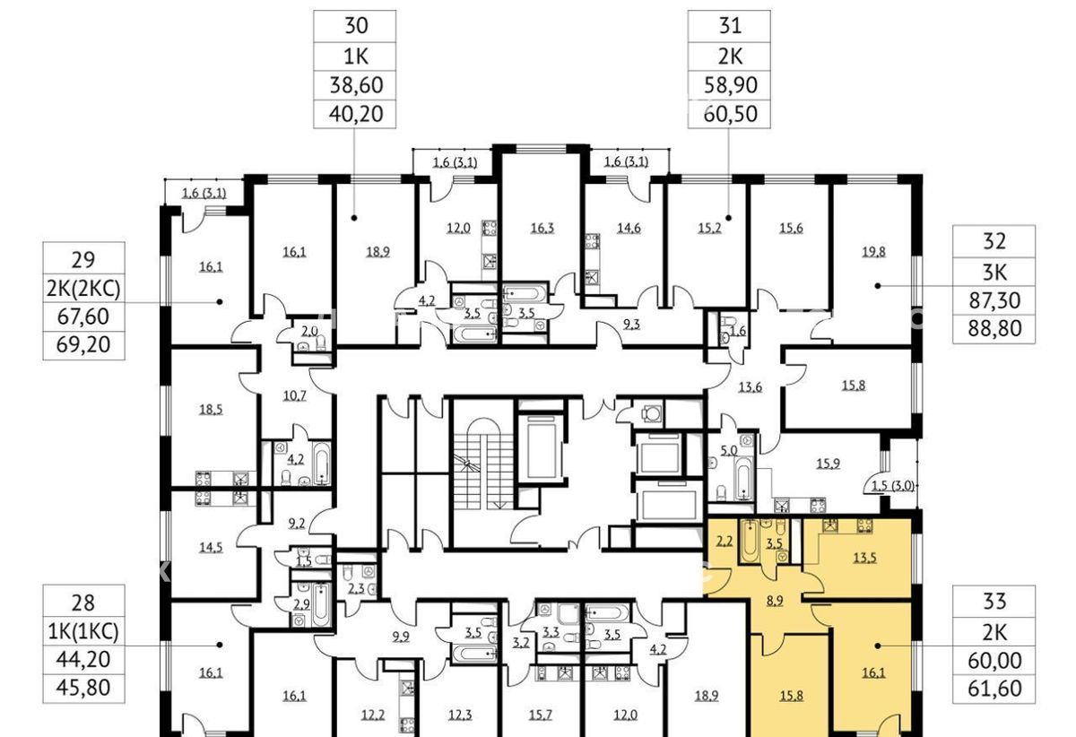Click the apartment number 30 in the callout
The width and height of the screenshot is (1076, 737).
tap(356, 26)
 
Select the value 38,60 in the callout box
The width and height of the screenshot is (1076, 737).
tap(356, 85)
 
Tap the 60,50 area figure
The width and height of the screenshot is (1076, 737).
tap(730, 114)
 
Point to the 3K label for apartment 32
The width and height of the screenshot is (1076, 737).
tap(994, 273)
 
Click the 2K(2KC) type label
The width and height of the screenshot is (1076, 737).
tap(83, 289)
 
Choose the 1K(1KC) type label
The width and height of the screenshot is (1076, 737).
tap(83, 631)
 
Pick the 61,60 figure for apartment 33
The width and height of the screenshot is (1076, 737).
tap(994, 689)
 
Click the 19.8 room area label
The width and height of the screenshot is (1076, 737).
tap(873, 252)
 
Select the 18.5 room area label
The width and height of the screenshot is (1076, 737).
tap(211, 410)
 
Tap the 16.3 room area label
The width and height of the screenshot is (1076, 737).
tap(542, 228)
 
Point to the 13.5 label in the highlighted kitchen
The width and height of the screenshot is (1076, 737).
tap(864, 558)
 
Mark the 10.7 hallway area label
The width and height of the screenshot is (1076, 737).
tap(294, 395)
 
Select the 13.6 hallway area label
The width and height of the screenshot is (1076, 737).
tap(750, 386)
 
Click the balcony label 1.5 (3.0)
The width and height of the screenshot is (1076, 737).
tap(892, 485)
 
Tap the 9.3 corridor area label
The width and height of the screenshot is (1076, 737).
tap(631, 325)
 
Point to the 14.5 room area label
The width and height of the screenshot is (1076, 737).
tap(211, 547)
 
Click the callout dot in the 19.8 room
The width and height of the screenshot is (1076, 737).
tap(878, 286)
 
